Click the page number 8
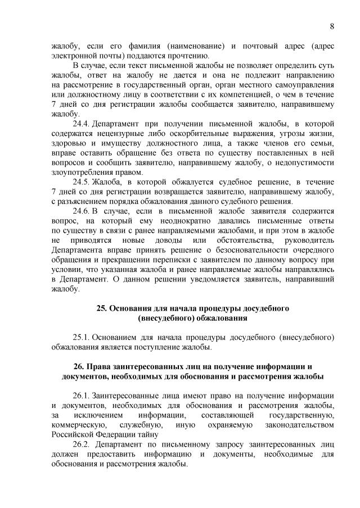click(x=332, y=26)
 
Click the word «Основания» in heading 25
click(x=132, y=308)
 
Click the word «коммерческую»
click(x=78, y=425)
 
